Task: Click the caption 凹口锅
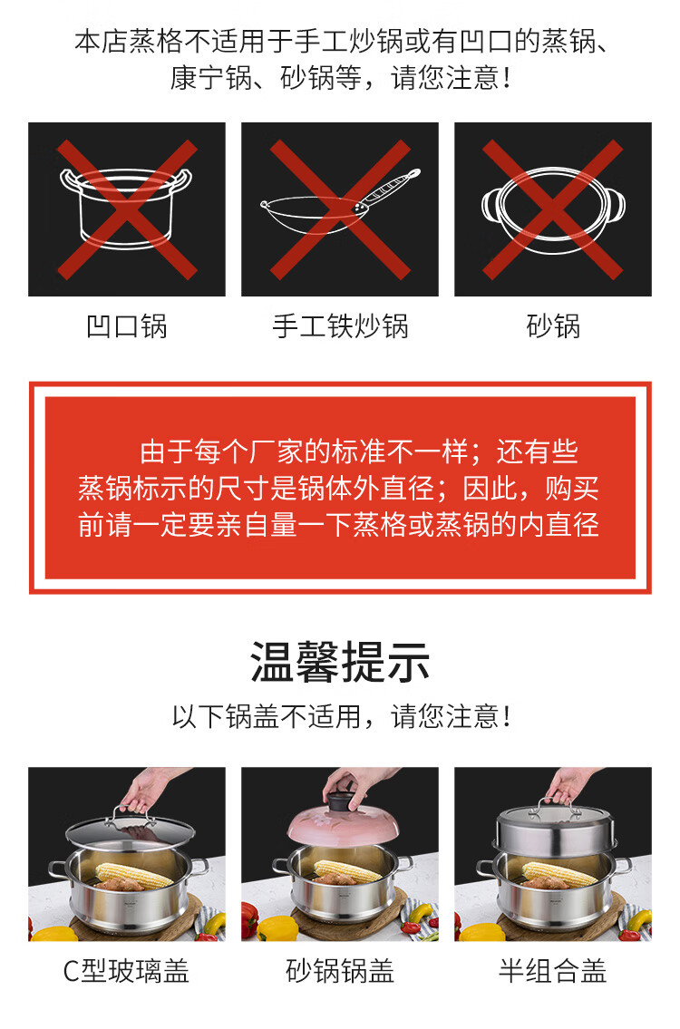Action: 127,326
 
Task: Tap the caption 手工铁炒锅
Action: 340,326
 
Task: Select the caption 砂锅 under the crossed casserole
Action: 553,326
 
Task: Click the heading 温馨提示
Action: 340,662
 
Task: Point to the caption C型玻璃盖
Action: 126,971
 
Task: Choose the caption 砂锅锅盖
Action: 340,971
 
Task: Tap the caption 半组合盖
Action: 553,971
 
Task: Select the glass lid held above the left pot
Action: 130,832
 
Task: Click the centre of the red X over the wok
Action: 340,209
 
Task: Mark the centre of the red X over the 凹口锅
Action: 127,209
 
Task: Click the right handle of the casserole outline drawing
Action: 615,206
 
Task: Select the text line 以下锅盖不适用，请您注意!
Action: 341,716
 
